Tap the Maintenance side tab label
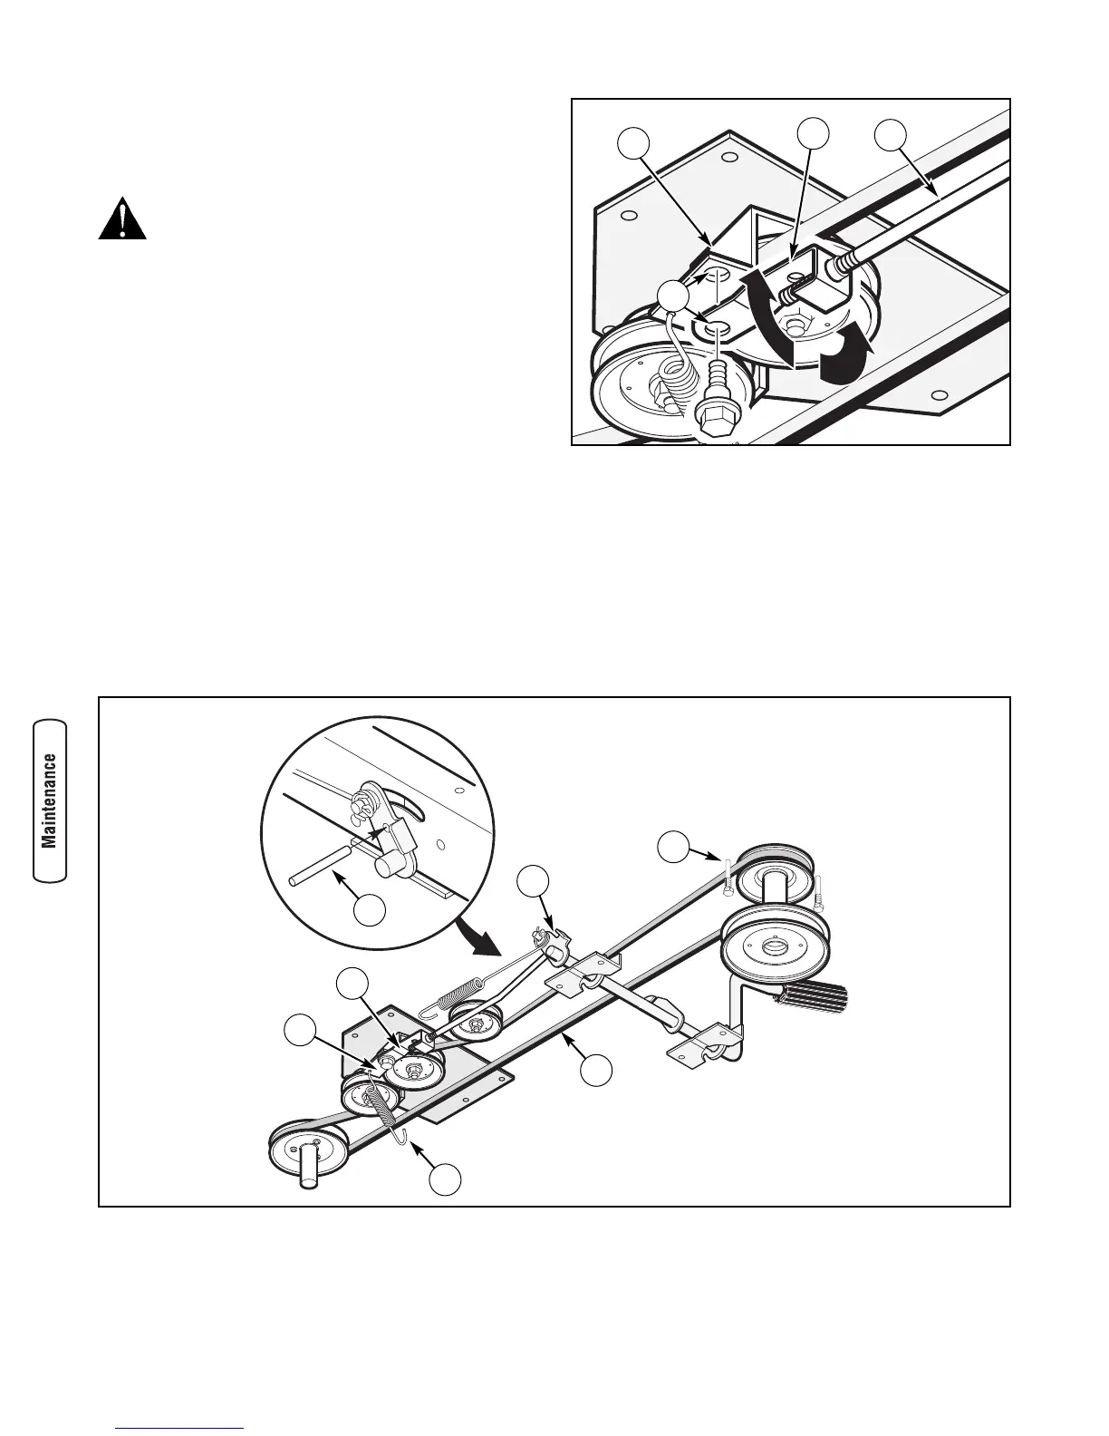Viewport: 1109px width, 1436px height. click(x=50, y=800)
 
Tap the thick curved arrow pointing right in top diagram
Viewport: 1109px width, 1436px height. click(x=843, y=360)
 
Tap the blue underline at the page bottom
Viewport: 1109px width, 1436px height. click(x=180, y=1429)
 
